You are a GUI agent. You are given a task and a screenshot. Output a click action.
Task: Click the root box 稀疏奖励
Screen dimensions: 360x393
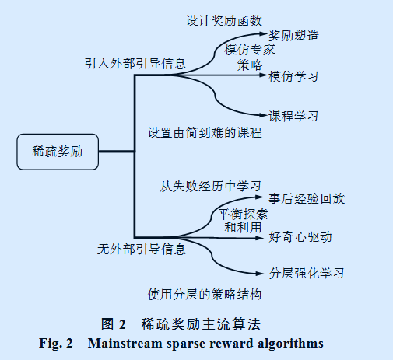[58, 152]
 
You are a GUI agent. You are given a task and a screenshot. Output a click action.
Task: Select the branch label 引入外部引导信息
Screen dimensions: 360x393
[134, 63]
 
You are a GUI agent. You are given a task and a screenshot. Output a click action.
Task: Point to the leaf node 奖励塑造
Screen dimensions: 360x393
[293, 36]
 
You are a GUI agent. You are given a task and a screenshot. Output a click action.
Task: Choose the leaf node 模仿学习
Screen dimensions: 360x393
[293, 76]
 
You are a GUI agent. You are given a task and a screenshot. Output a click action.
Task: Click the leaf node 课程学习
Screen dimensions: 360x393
[293, 117]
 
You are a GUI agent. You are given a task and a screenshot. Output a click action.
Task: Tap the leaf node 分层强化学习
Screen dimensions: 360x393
[306, 273]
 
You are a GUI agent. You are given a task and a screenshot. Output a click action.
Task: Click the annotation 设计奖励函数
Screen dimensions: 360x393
[223, 19]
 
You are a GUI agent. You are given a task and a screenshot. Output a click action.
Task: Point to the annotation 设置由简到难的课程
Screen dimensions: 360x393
[204, 132]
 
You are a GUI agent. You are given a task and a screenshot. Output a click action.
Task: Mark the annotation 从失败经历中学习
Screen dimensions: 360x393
[210, 186]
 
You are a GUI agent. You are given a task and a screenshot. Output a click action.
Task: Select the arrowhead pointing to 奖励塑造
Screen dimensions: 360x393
[263, 36]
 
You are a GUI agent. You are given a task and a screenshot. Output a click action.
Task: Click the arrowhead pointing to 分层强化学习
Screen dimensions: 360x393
[263, 273]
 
